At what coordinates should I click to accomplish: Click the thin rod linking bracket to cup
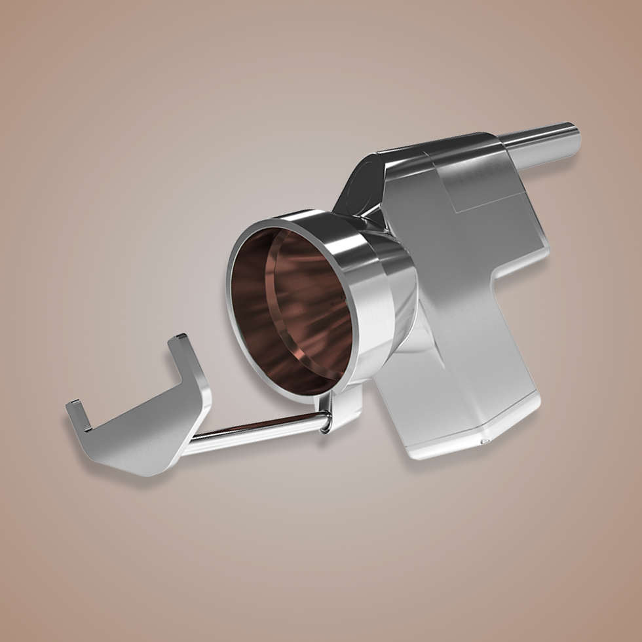click(255, 429)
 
